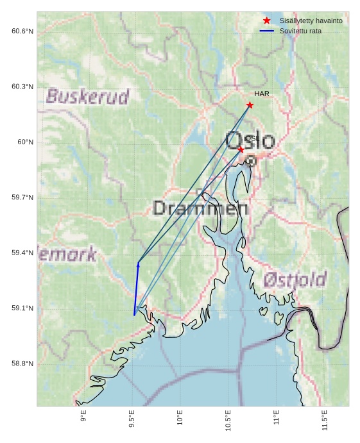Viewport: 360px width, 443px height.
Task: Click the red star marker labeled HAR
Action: (250, 105)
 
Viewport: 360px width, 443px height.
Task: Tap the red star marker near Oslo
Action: (241, 149)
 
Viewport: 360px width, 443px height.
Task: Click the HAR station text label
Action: (262, 94)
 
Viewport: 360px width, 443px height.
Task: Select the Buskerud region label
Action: (88, 97)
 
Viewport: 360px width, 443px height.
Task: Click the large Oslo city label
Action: (250, 140)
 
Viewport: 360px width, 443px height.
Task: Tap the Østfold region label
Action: (295, 280)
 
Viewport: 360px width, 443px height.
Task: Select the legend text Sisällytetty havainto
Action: (311, 21)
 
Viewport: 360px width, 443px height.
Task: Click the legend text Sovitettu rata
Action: (300, 31)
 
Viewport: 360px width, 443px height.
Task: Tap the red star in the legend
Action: (267, 21)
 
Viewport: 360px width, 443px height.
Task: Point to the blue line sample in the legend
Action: (267, 31)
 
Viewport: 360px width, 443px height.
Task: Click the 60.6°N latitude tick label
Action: (22, 31)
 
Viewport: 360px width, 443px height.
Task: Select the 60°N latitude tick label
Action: (25, 142)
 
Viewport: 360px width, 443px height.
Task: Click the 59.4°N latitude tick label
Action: (22, 253)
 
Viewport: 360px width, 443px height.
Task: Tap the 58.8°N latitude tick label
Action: (22, 364)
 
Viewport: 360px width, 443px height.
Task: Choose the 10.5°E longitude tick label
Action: (228, 420)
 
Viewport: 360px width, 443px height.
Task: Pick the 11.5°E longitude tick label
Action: (325, 420)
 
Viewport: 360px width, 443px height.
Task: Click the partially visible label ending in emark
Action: (68, 255)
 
